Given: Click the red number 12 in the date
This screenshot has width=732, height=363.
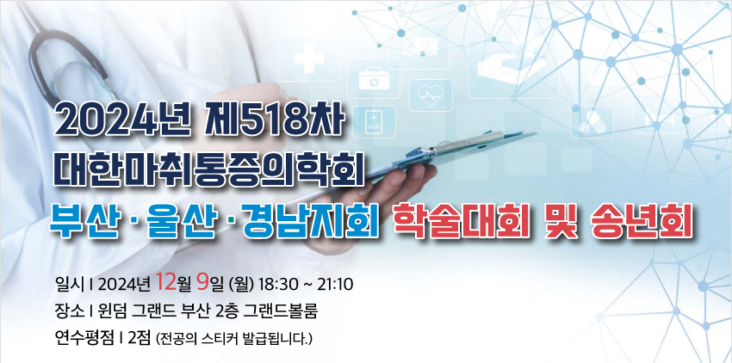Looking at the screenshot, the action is click(166, 281).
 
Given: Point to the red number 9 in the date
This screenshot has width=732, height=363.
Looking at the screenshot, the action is click(202, 281).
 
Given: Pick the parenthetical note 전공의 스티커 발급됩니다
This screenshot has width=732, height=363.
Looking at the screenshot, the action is click(234, 339).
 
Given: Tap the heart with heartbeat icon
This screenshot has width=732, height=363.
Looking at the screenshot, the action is click(431, 95).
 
